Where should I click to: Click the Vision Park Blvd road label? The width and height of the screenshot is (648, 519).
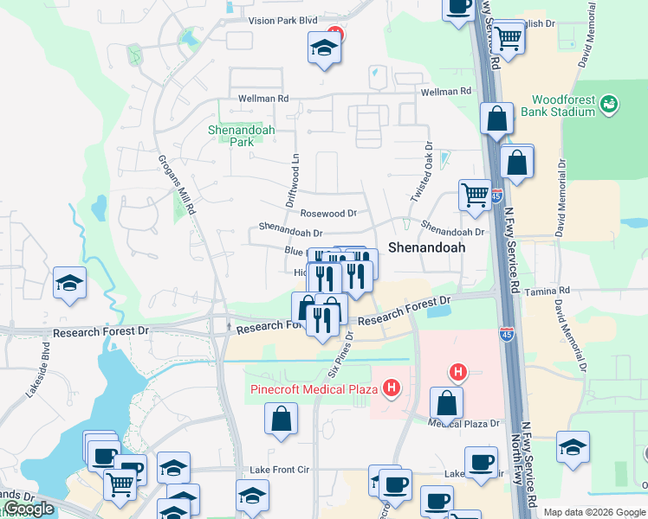pyautogui.click(x=283, y=20)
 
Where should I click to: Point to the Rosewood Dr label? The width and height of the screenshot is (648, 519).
pyautogui.click(x=328, y=213)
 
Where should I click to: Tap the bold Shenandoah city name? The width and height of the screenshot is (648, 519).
pyautogui.click(x=426, y=247)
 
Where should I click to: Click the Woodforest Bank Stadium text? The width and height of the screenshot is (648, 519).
pyautogui.click(x=564, y=106)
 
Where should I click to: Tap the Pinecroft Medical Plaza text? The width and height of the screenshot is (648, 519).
pyautogui.click(x=314, y=388)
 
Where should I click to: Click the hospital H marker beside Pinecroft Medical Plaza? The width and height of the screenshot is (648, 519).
pyautogui.click(x=392, y=388)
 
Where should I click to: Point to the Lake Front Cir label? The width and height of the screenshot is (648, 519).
pyautogui.click(x=277, y=469)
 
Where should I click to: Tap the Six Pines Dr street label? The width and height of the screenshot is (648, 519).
pyautogui.click(x=341, y=356)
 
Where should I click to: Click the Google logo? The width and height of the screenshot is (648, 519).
pyautogui.click(x=29, y=509)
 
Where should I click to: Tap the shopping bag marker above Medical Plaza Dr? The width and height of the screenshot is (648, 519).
pyautogui.click(x=446, y=403)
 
